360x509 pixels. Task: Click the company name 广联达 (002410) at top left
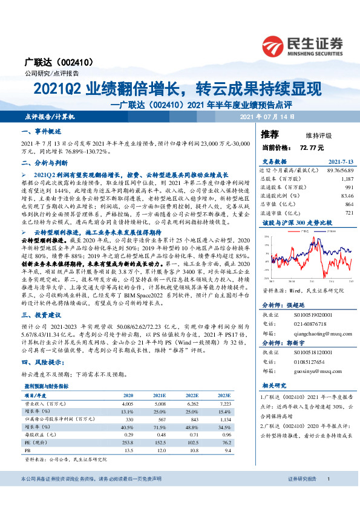pos(50,62)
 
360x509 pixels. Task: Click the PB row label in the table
pos(27,450)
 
